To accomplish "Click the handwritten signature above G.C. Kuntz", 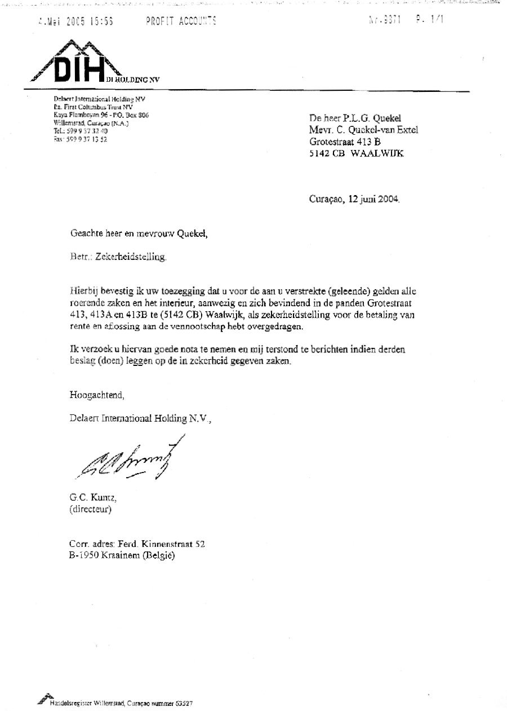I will pos(132,460).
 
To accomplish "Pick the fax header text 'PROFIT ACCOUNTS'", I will pos(180,21).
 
